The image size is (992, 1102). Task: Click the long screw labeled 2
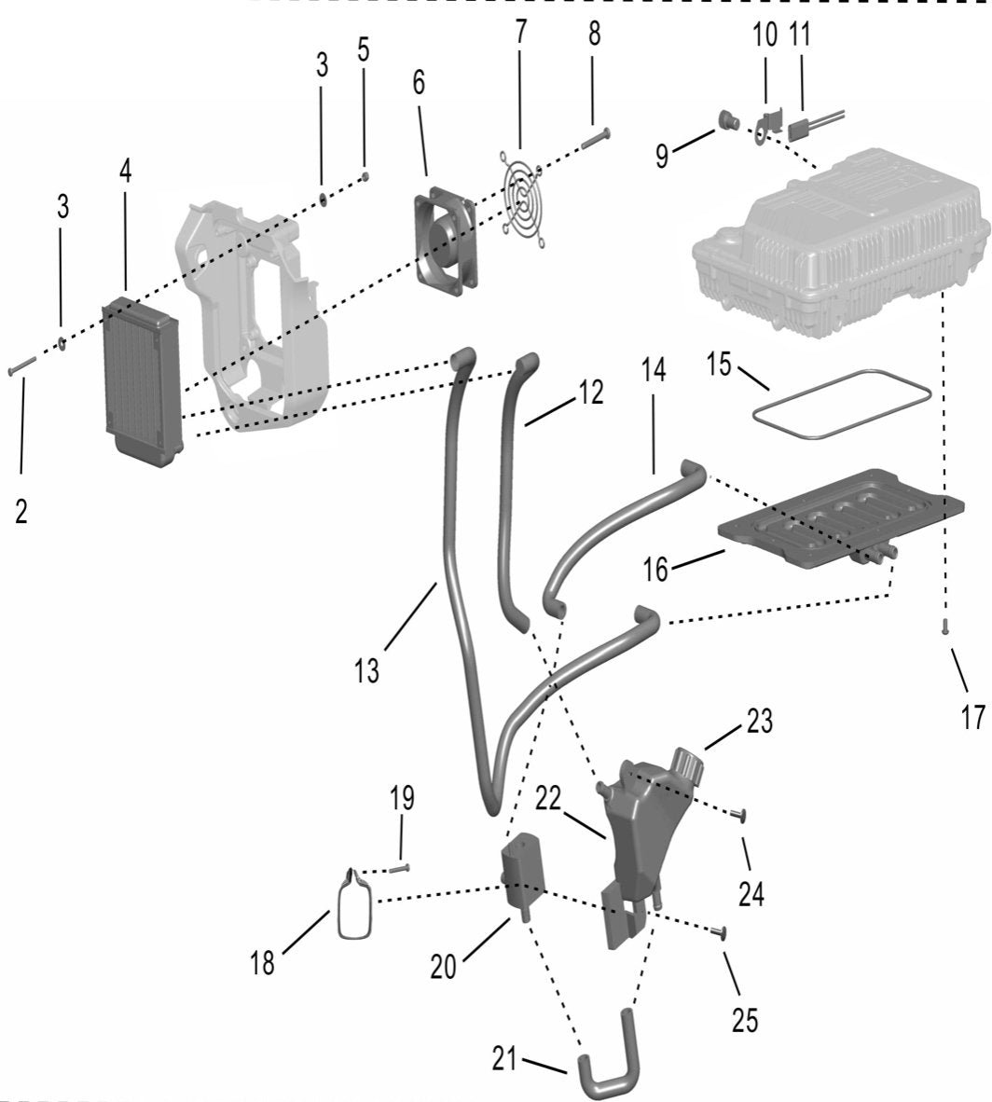tap(21, 366)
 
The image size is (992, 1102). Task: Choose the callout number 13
tap(367, 669)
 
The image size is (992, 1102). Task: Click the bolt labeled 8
tap(594, 138)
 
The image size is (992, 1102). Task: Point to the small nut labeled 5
tap(366, 175)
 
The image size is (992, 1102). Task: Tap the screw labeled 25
tap(721, 931)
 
